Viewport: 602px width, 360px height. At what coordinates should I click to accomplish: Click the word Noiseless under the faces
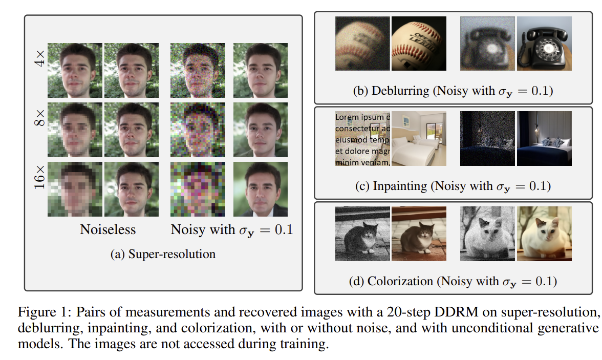tap(108, 229)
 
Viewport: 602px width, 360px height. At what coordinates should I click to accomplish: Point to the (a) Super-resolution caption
tap(163, 254)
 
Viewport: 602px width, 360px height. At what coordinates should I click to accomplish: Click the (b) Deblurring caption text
tap(453, 91)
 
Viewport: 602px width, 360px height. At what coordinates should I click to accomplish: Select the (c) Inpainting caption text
tap(453, 186)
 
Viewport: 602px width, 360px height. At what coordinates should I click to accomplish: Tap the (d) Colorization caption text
tap(453, 281)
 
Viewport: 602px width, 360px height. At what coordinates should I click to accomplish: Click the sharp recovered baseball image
tap(419, 44)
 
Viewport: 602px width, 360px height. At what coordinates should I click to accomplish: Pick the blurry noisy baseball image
tap(362, 44)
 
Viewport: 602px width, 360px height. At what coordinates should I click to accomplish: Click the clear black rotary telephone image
tap(544, 44)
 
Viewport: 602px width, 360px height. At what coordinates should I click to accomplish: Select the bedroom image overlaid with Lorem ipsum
tap(362, 139)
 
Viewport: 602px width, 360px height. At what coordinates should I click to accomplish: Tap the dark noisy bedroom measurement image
tap(487, 139)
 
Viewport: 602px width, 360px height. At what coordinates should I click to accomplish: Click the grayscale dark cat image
tap(362, 234)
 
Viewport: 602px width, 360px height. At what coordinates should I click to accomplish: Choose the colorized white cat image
tap(544, 234)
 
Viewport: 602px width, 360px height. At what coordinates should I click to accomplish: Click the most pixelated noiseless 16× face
tap(75, 189)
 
